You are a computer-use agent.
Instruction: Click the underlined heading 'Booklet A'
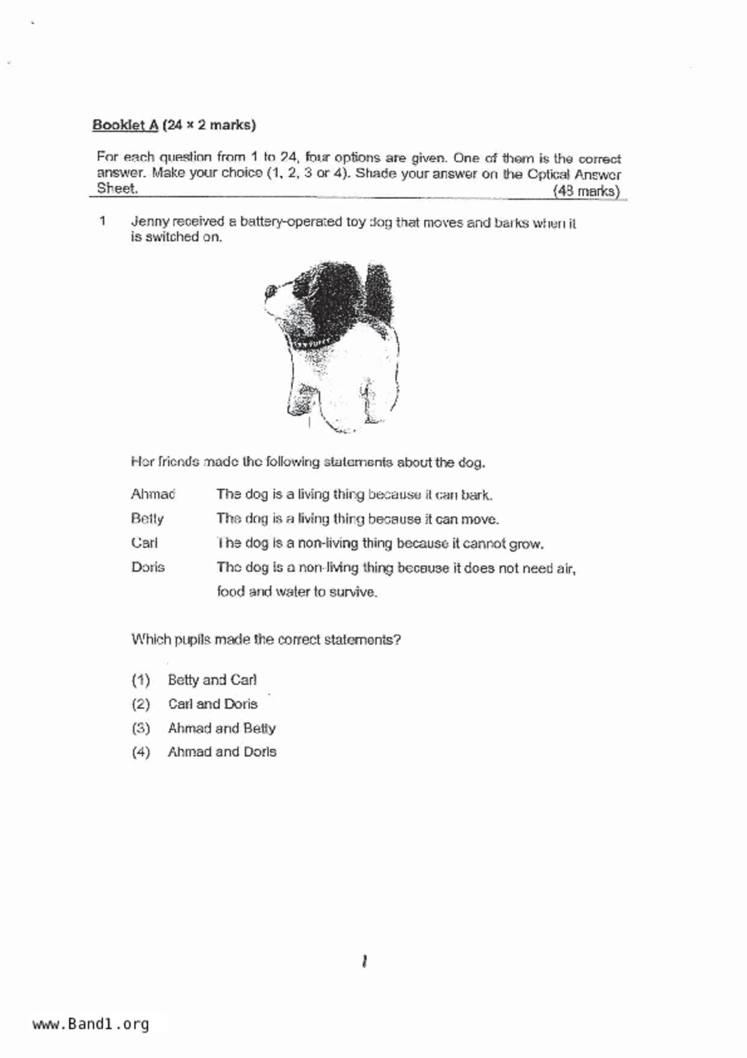point(125,125)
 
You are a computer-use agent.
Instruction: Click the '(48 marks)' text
point(586,191)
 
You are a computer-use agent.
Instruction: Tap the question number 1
point(103,221)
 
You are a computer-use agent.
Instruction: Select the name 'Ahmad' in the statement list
point(153,495)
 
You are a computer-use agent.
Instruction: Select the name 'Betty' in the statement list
point(147,519)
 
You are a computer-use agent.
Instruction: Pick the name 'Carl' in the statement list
point(144,543)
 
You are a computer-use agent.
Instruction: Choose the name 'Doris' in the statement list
point(148,567)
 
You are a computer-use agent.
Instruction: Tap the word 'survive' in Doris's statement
point(355,592)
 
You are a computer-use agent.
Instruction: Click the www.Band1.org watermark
point(90,1024)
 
